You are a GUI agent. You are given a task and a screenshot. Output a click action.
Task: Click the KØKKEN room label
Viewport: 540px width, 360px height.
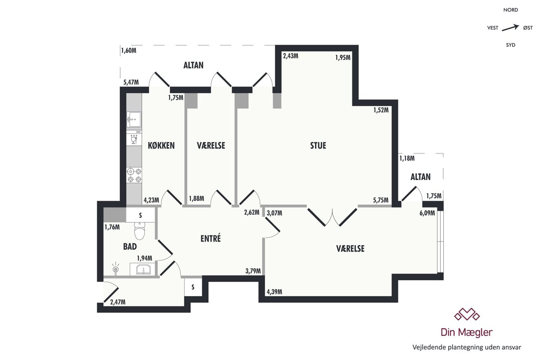[x=161, y=146]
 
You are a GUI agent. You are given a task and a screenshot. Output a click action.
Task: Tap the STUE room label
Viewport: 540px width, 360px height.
[x=318, y=146]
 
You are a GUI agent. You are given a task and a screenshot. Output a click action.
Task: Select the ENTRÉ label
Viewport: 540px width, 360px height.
[x=211, y=238]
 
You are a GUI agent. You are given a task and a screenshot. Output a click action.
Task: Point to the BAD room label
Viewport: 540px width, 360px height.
[x=130, y=247]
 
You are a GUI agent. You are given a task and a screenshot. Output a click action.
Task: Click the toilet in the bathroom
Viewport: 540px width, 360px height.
[x=140, y=230]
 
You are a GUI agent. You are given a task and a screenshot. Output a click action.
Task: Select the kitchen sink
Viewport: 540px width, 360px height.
[x=134, y=119]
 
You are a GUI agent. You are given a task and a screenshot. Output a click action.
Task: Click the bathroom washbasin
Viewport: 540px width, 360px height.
[x=144, y=269]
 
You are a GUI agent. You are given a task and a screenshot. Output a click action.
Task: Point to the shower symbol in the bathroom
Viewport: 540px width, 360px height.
[x=116, y=268]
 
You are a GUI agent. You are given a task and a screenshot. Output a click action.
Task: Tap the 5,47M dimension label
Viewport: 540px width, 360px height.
[x=131, y=82]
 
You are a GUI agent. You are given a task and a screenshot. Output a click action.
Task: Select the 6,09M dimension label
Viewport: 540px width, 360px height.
[x=427, y=213]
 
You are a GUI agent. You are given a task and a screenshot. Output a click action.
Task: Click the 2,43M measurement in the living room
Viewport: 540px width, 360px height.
[x=291, y=56]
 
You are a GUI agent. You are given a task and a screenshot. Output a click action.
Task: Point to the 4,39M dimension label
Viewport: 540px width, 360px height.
[x=274, y=292]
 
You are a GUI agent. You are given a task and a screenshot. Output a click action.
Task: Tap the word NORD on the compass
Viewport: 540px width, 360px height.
[x=511, y=10]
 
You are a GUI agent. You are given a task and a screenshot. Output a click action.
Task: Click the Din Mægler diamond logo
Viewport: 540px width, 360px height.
[x=467, y=314]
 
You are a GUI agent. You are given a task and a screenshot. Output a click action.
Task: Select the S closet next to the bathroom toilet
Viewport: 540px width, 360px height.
[x=140, y=215]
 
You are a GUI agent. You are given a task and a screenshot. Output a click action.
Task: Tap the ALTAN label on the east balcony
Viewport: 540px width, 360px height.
[x=420, y=177]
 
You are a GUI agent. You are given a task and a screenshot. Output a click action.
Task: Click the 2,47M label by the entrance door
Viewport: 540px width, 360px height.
[x=117, y=302]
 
